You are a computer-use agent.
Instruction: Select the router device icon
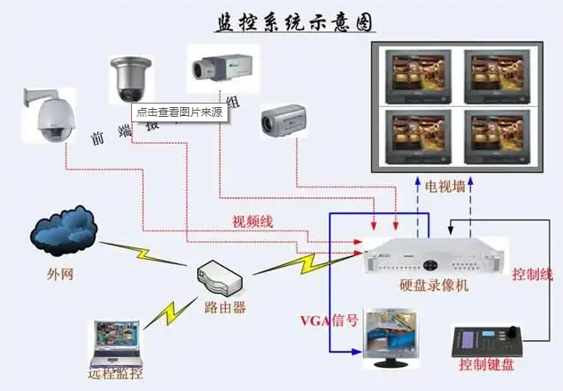tap(218, 279)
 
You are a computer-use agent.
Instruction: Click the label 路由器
tap(224, 308)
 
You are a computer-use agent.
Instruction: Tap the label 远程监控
tap(115, 373)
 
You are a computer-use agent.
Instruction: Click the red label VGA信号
tap(331, 320)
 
